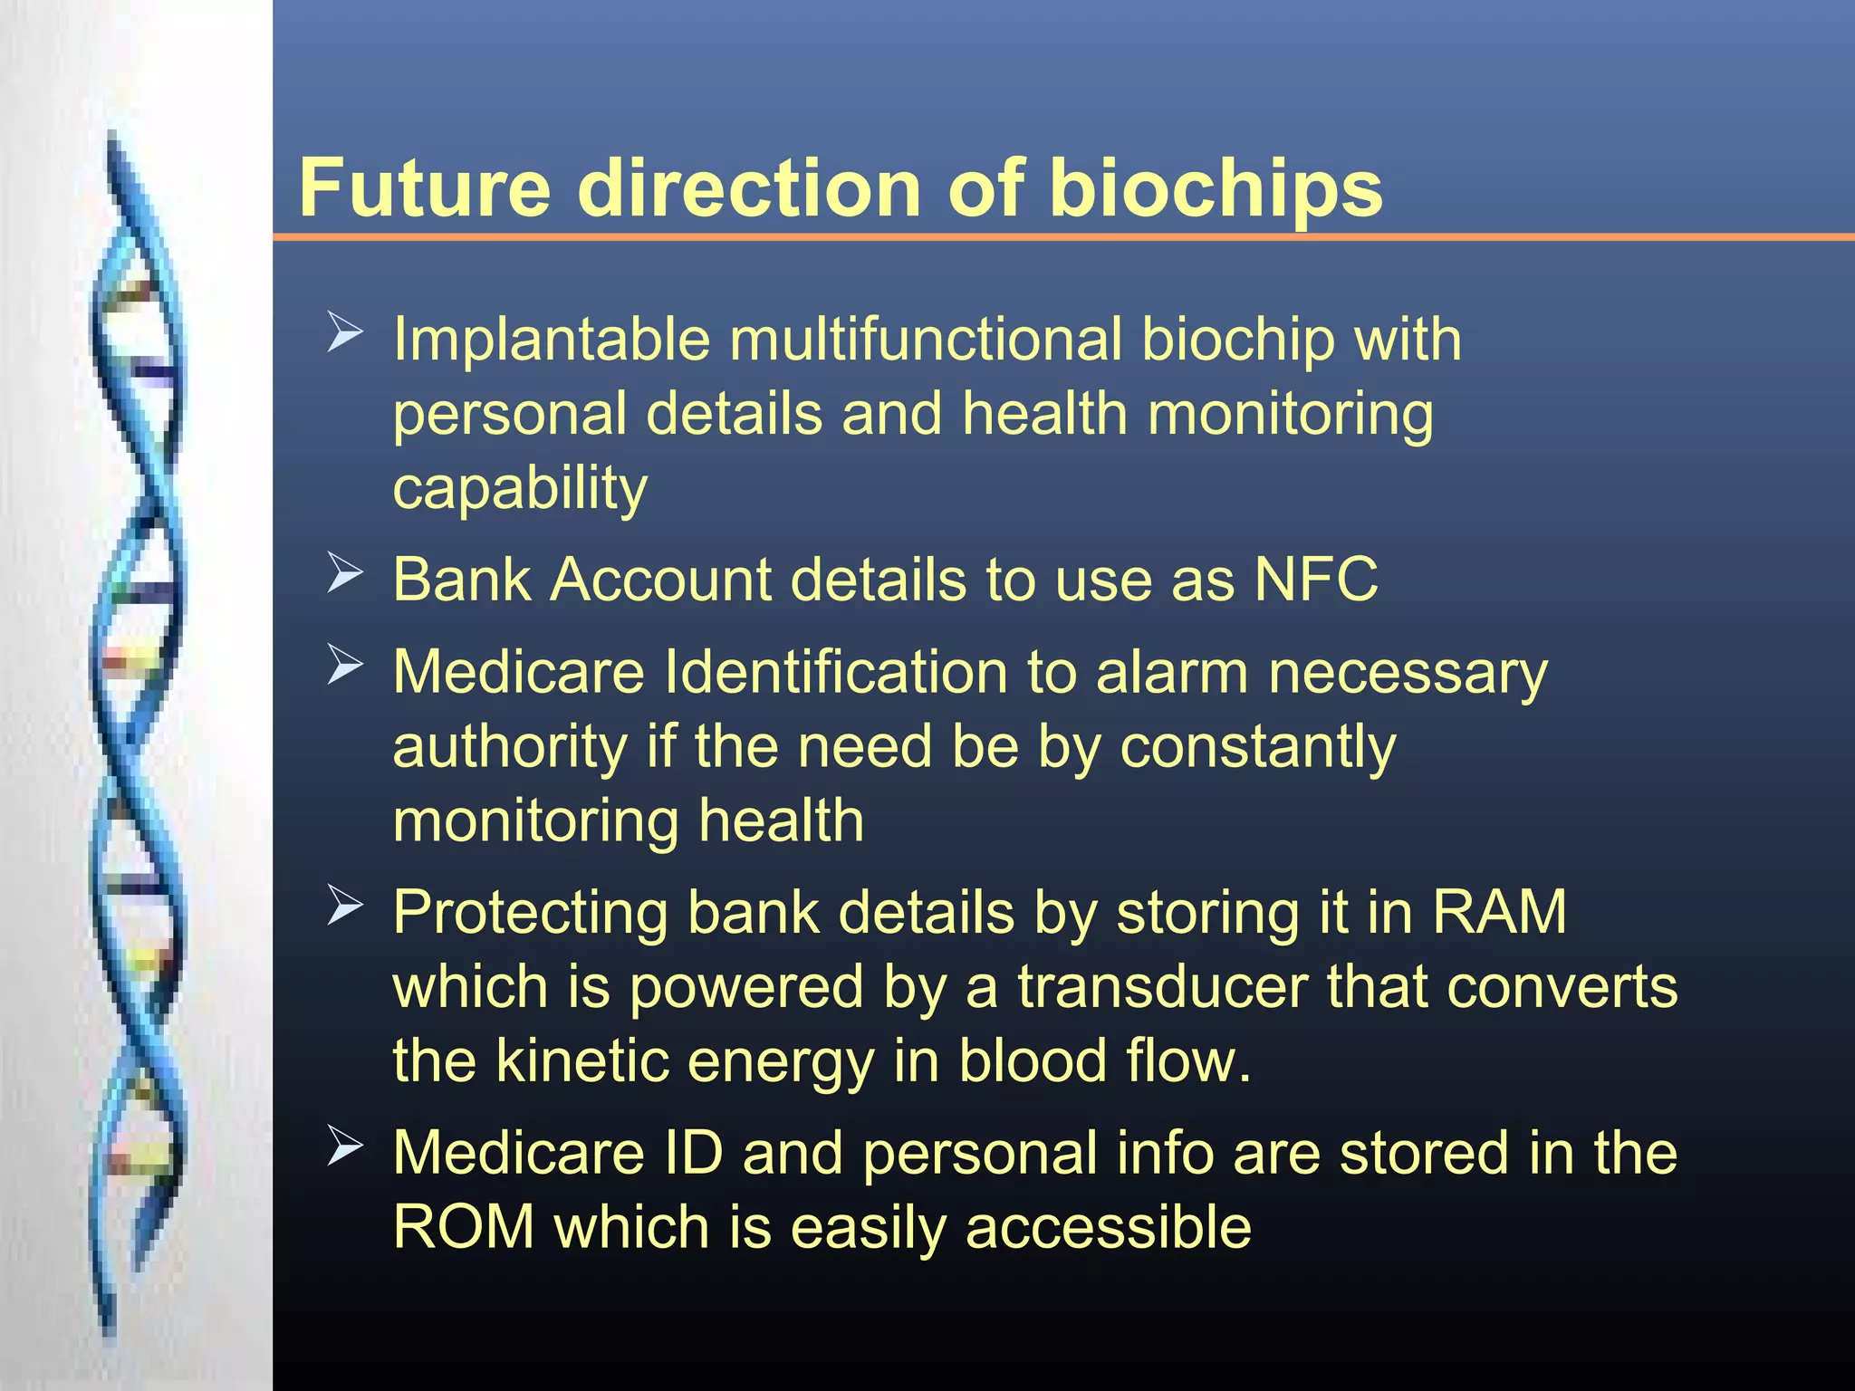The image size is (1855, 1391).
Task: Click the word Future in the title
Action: (x=424, y=188)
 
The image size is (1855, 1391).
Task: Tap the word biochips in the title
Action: (x=1215, y=190)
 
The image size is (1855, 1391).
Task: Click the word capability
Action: (x=520, y=490)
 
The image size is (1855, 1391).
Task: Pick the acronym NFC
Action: (x=1316, y=579)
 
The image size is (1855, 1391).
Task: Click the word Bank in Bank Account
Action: (x=461, y=579)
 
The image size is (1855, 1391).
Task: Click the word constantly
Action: (x=1258, y=748)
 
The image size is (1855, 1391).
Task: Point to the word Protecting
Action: (x=530, y=913)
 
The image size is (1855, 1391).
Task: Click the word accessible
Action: (x=1109, y=1229)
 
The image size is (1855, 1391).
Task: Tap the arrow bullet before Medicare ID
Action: (x=344, y=1146)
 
